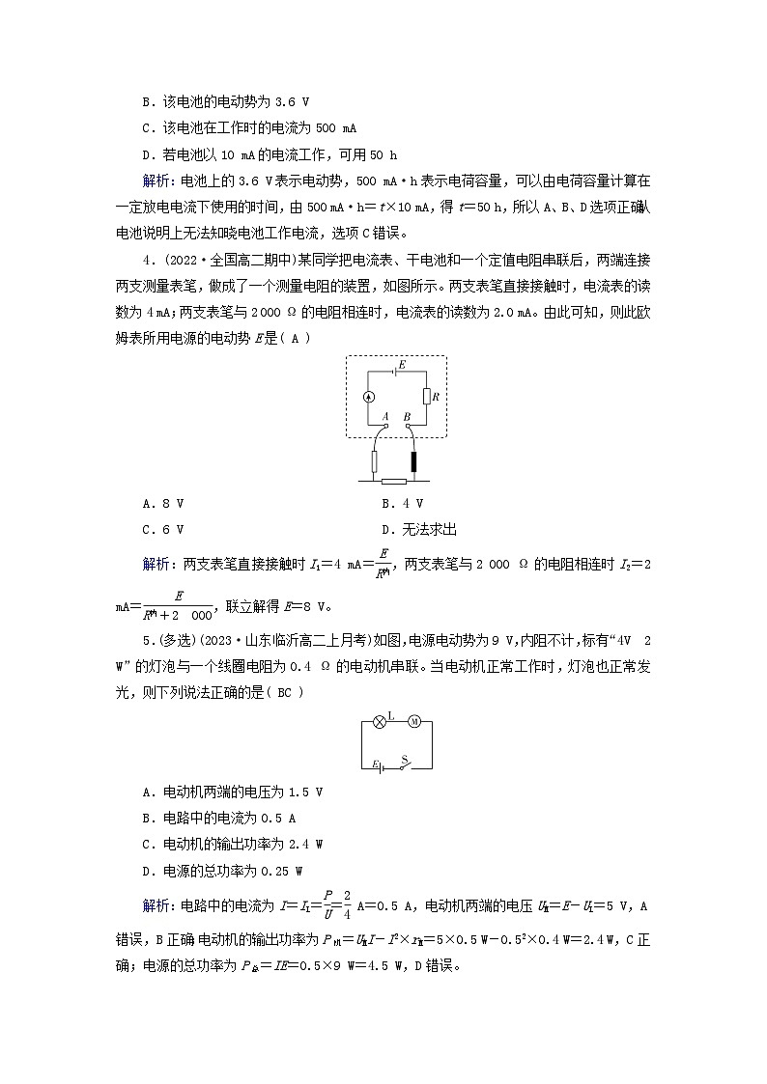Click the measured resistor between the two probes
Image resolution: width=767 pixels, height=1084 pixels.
pos(394,480)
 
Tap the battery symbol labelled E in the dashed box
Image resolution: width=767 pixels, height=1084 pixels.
pos(395,368)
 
